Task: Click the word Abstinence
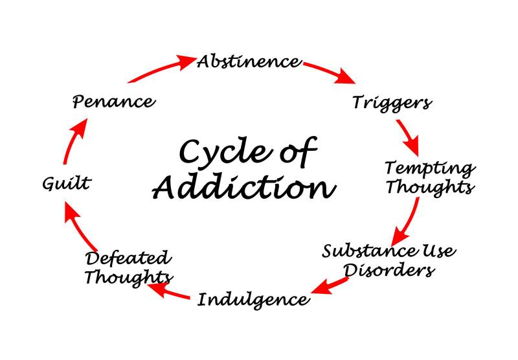tap(249, 62)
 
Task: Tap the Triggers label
tap(392, 102)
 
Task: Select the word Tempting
tap(430, 168)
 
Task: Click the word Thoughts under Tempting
tap(430, 188)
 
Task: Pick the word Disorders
tap(388, 270)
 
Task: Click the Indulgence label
tap(253, 300)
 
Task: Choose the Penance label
tap(113, 102)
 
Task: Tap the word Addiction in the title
tap(245, 188)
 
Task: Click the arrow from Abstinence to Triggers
tap(330, 72)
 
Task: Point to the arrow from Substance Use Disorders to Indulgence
tap(333, 284)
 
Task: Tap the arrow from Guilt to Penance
tap(73, 144)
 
